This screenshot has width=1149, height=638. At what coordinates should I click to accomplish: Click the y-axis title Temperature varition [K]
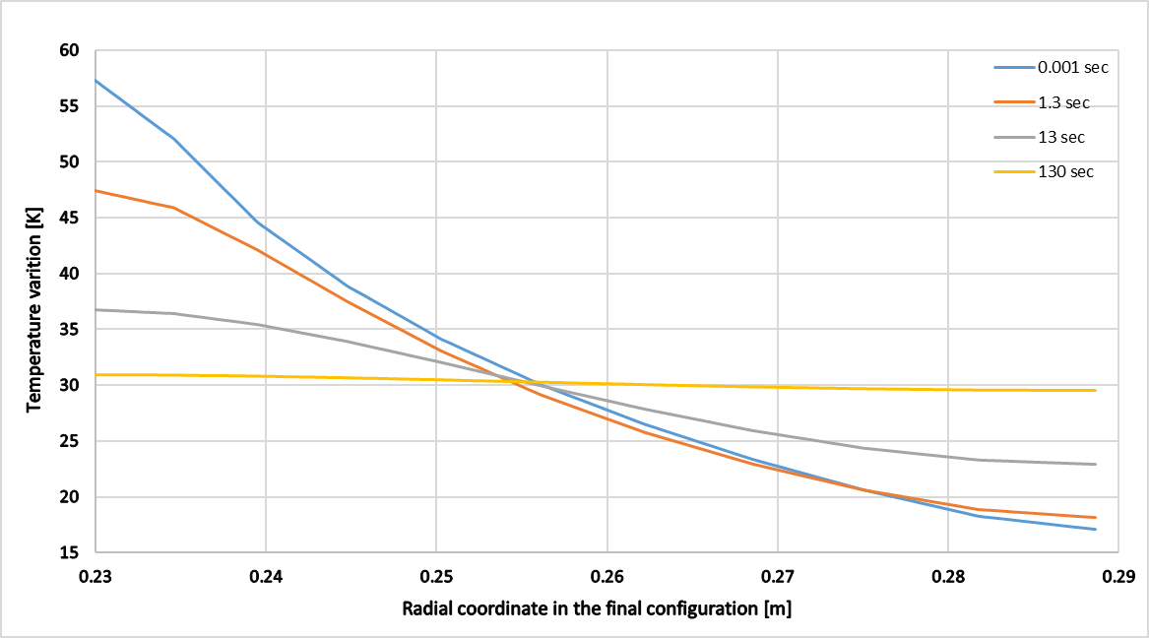pyautogui.click(x=33, y=300)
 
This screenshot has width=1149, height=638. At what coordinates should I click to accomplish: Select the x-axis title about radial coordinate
pyautogui.click(x=597, y=608)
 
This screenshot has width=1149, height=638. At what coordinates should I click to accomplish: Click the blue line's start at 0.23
pyautogui.click(x=96, y=80)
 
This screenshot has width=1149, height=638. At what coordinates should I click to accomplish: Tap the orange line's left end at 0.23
pyautogui.click(x=96, y=190)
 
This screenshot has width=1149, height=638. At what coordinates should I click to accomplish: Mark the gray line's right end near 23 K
pyautogui.click(x=1096, y=464)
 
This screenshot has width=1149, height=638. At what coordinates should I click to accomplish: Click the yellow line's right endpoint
pyautogui.click(x=1096, y=390)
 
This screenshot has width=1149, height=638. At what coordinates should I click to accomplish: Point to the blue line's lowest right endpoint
pyautogui.click(x=1096, y=529)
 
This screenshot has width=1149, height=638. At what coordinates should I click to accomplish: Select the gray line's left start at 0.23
pyautogui.click(x=96, y=309)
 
